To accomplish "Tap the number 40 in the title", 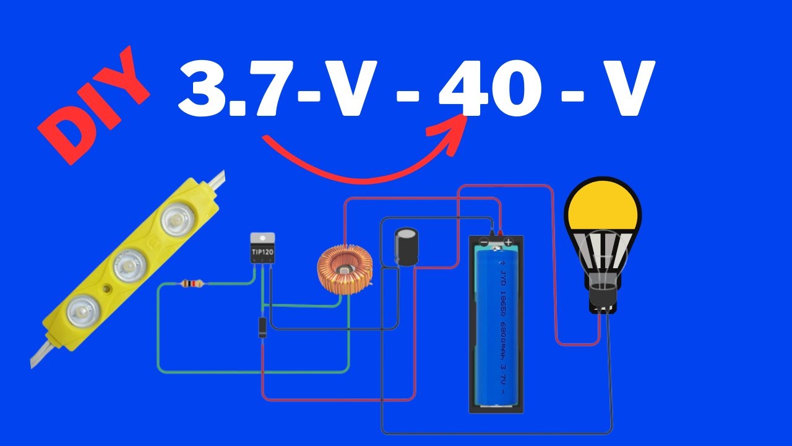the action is click(x=489, y=90).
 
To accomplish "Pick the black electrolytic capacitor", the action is click(x=406, y=246).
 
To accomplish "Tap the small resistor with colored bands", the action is click(x=192, y=284).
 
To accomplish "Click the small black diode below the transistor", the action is click(x=262, y=326).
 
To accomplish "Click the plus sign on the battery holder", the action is click(x=508, y=242).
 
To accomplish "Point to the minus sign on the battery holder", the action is click(x=484, y=242).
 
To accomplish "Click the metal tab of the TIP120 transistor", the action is click(x=263, y=238).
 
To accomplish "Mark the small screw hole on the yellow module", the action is click(x=108, y=289).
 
